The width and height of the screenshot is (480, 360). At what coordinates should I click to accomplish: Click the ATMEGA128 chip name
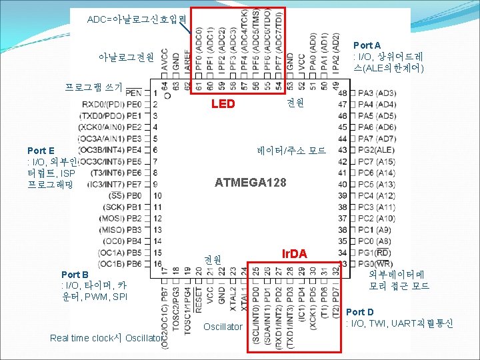[251, 182]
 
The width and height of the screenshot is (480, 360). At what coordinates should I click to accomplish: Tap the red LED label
[223, 104]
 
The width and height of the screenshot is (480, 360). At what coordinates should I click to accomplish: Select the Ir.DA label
[294, 254]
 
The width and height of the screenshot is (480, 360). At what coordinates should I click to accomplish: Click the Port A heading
[367, 45]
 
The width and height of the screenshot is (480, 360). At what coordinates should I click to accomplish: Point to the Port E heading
[41, 151]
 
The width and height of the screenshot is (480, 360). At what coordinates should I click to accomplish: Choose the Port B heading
[75, 275]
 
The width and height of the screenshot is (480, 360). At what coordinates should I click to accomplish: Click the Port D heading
[360, 312]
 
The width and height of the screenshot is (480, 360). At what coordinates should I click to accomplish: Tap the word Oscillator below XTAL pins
[223, 327]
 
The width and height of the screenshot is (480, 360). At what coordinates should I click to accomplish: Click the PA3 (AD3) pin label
[377, 93]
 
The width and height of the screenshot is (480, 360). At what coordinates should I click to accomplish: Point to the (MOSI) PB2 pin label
[121, 218]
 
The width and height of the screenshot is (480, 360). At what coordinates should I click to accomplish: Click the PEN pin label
[133, 93]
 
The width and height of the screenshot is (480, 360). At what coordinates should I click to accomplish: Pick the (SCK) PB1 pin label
[123, 207]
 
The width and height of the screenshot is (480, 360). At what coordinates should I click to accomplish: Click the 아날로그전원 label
[125, 58]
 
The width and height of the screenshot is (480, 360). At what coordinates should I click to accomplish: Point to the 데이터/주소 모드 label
[291, 151]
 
